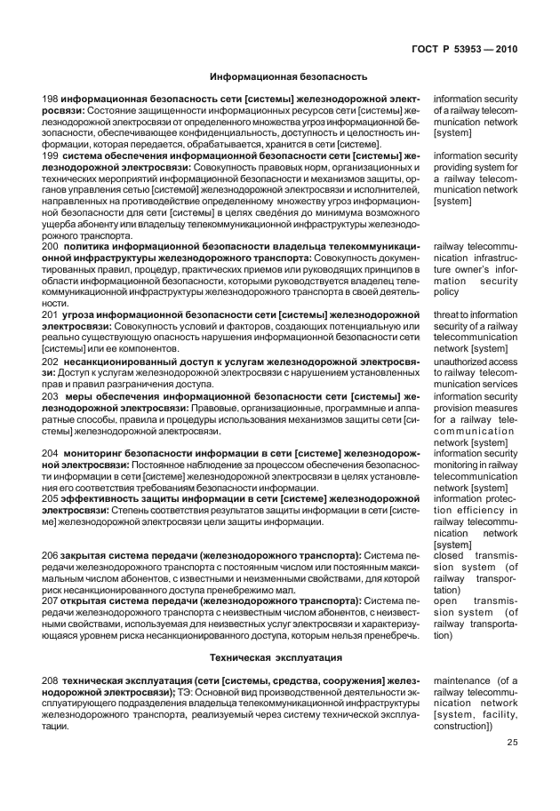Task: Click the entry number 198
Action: (x=51, y=98)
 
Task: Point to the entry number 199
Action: (x=51, y=155)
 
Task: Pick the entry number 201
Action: (x=51, y=314)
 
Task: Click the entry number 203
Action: (x=51, y=396)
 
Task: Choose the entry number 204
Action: (x=51, y=453)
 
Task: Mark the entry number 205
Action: (x=51, y=498)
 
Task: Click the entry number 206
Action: (x=51, y=555)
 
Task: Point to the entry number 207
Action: (x=51, y=601)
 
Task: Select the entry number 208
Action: (x=51, y=680)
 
